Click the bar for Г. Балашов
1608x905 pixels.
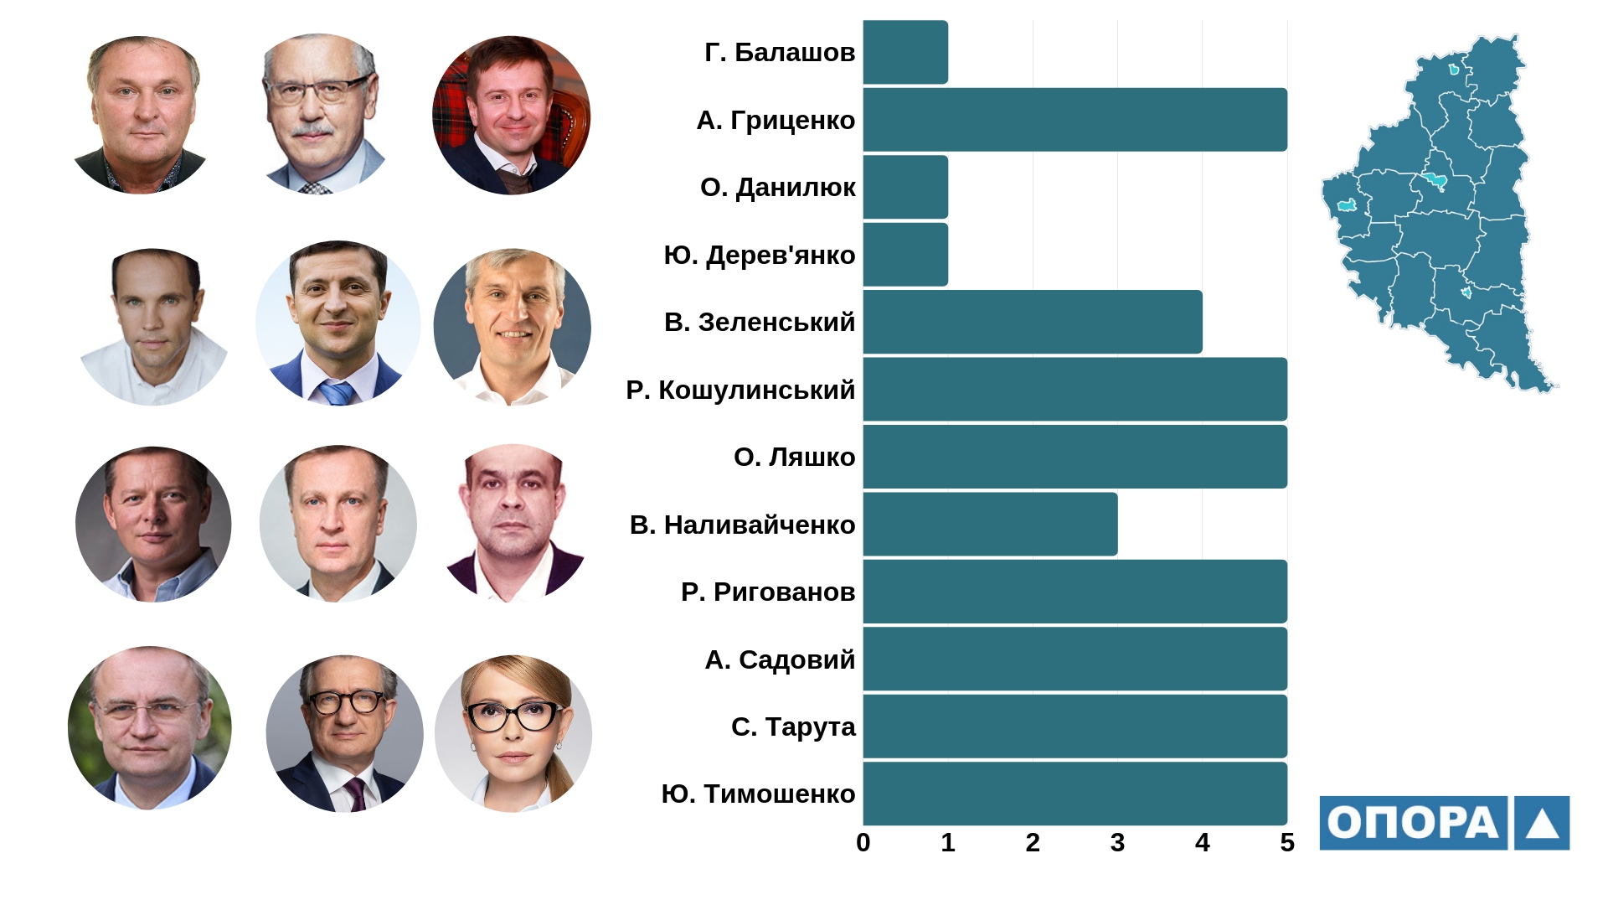(905, 52)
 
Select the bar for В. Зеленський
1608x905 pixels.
(1032, 322)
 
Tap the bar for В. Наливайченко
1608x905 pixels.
(990, 524)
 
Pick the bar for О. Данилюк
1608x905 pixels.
(905, 187)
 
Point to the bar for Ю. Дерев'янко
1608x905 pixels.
(905, 254)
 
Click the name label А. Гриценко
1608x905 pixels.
(776, 121)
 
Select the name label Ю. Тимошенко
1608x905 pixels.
(758, 794)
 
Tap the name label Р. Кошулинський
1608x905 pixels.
(740, 390)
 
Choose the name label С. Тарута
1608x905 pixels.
(793, 727)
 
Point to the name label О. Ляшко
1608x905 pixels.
(794, 458)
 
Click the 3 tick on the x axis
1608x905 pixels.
(1117, 842)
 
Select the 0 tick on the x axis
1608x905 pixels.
(863, 842)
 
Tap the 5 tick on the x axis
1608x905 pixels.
(1287, 842)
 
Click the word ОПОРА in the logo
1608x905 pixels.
(1413, 823)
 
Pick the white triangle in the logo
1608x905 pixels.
(1542, 825)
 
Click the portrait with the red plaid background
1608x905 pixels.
(511, 116)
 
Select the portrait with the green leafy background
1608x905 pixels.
(149, 727)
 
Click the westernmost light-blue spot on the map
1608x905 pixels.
(1347, 205)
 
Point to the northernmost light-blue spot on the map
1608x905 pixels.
(1455, 70)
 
